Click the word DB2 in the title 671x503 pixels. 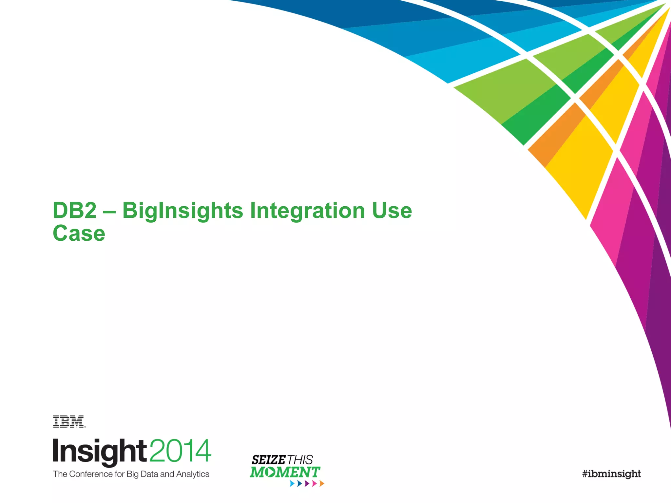(x=75, y=210)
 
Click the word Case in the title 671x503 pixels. (x=79, y=233)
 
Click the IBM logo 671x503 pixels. (x=69, y=422)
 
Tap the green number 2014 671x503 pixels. (x=180, y=451)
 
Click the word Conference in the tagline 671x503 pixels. (x=91, y=474)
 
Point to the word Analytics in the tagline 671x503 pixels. (x=193, y=474)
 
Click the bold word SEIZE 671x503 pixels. (x=268, y=460)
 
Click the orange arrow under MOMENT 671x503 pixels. (x=322, y=484)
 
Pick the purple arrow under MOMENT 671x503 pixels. (x=307, y=484)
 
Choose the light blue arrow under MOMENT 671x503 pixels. (x=292, y=484)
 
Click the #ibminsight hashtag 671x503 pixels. (x=611, y=474)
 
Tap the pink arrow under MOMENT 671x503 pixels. (x=315, y=484)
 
